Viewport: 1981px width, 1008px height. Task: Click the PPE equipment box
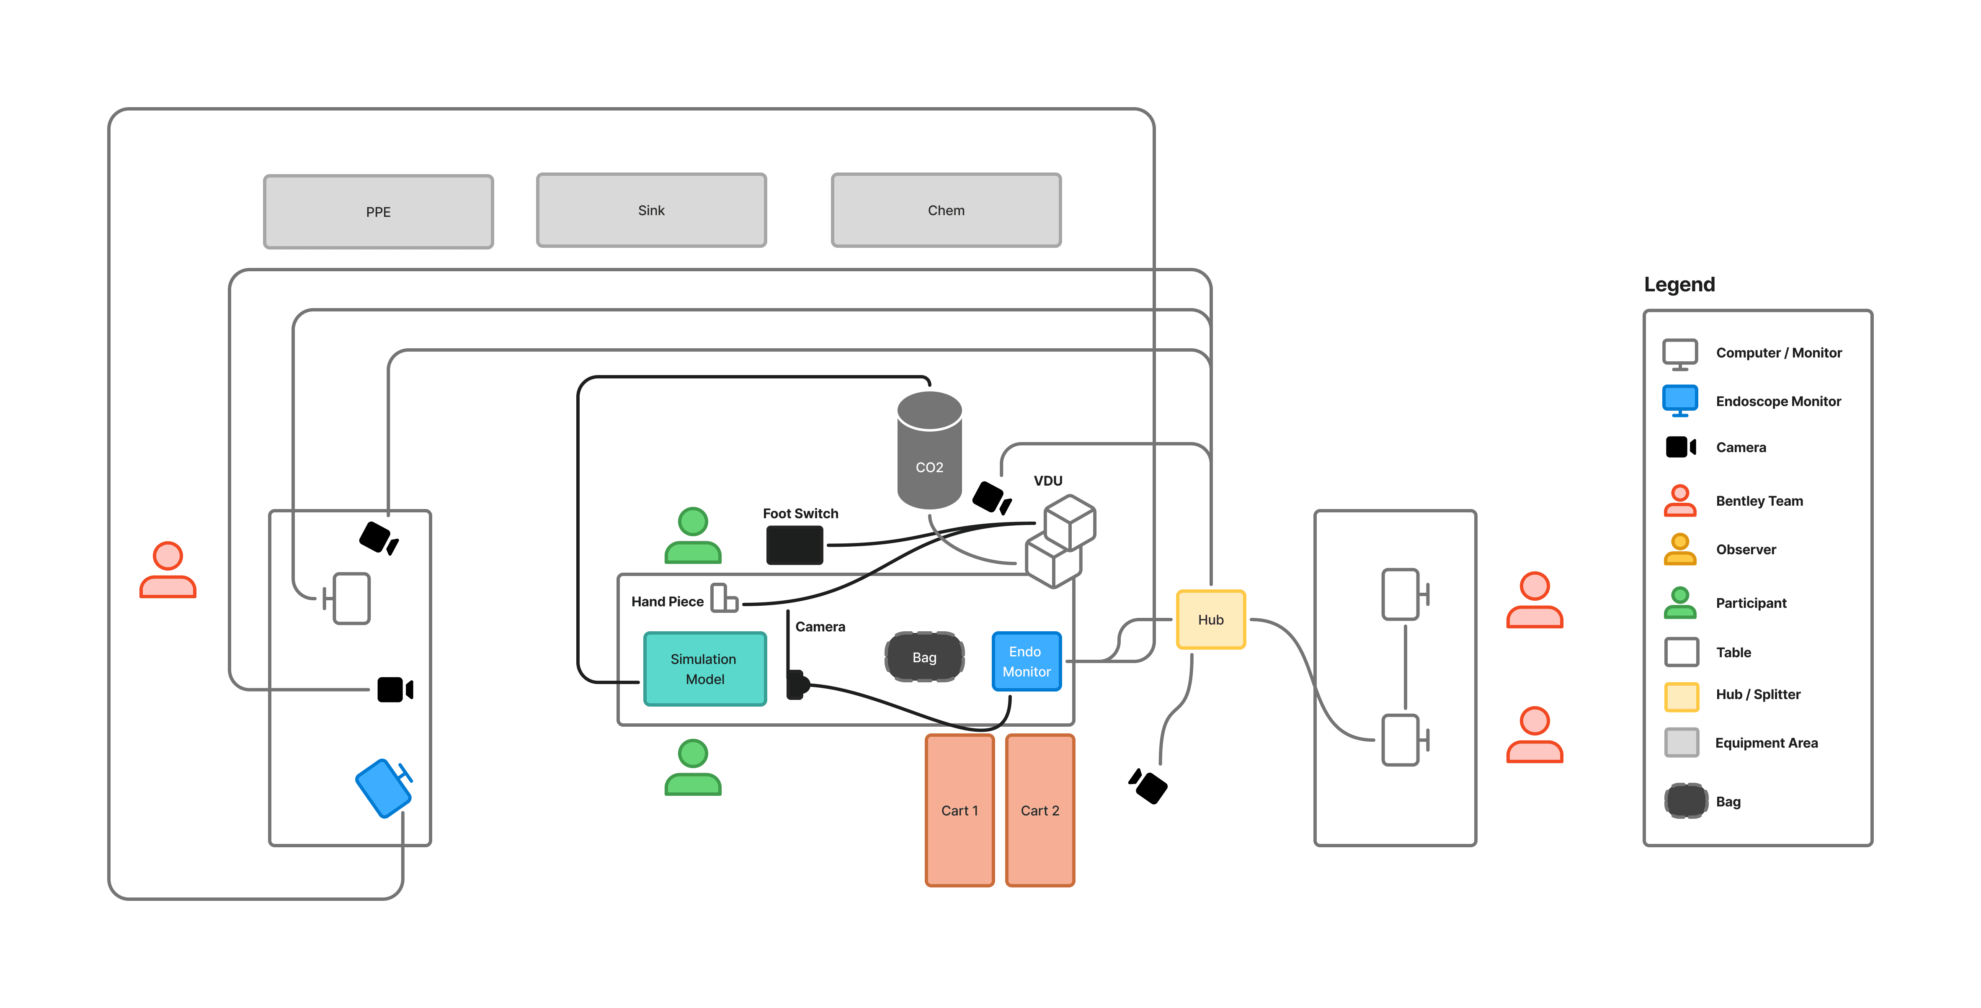378,211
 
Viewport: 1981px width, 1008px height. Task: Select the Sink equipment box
651,210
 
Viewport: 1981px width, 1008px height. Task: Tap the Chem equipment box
946,210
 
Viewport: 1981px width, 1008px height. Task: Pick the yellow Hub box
1210,620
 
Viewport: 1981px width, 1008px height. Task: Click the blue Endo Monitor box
1026,661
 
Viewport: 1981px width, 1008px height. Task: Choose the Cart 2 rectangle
1040,810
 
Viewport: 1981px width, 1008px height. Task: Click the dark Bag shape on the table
924,657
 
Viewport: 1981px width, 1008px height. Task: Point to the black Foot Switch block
794,545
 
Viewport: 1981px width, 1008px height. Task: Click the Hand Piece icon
724,598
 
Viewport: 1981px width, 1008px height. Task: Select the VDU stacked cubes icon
1061,540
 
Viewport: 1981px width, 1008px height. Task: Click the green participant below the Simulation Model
693,767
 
